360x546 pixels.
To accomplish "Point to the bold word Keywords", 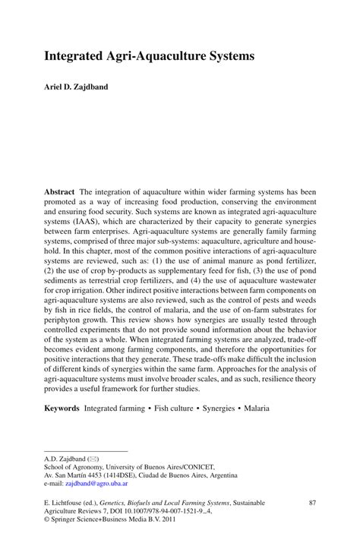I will pos(62,408).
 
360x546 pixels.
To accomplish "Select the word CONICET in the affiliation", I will pos(197,466).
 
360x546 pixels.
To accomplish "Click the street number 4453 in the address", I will pos(96,474).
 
